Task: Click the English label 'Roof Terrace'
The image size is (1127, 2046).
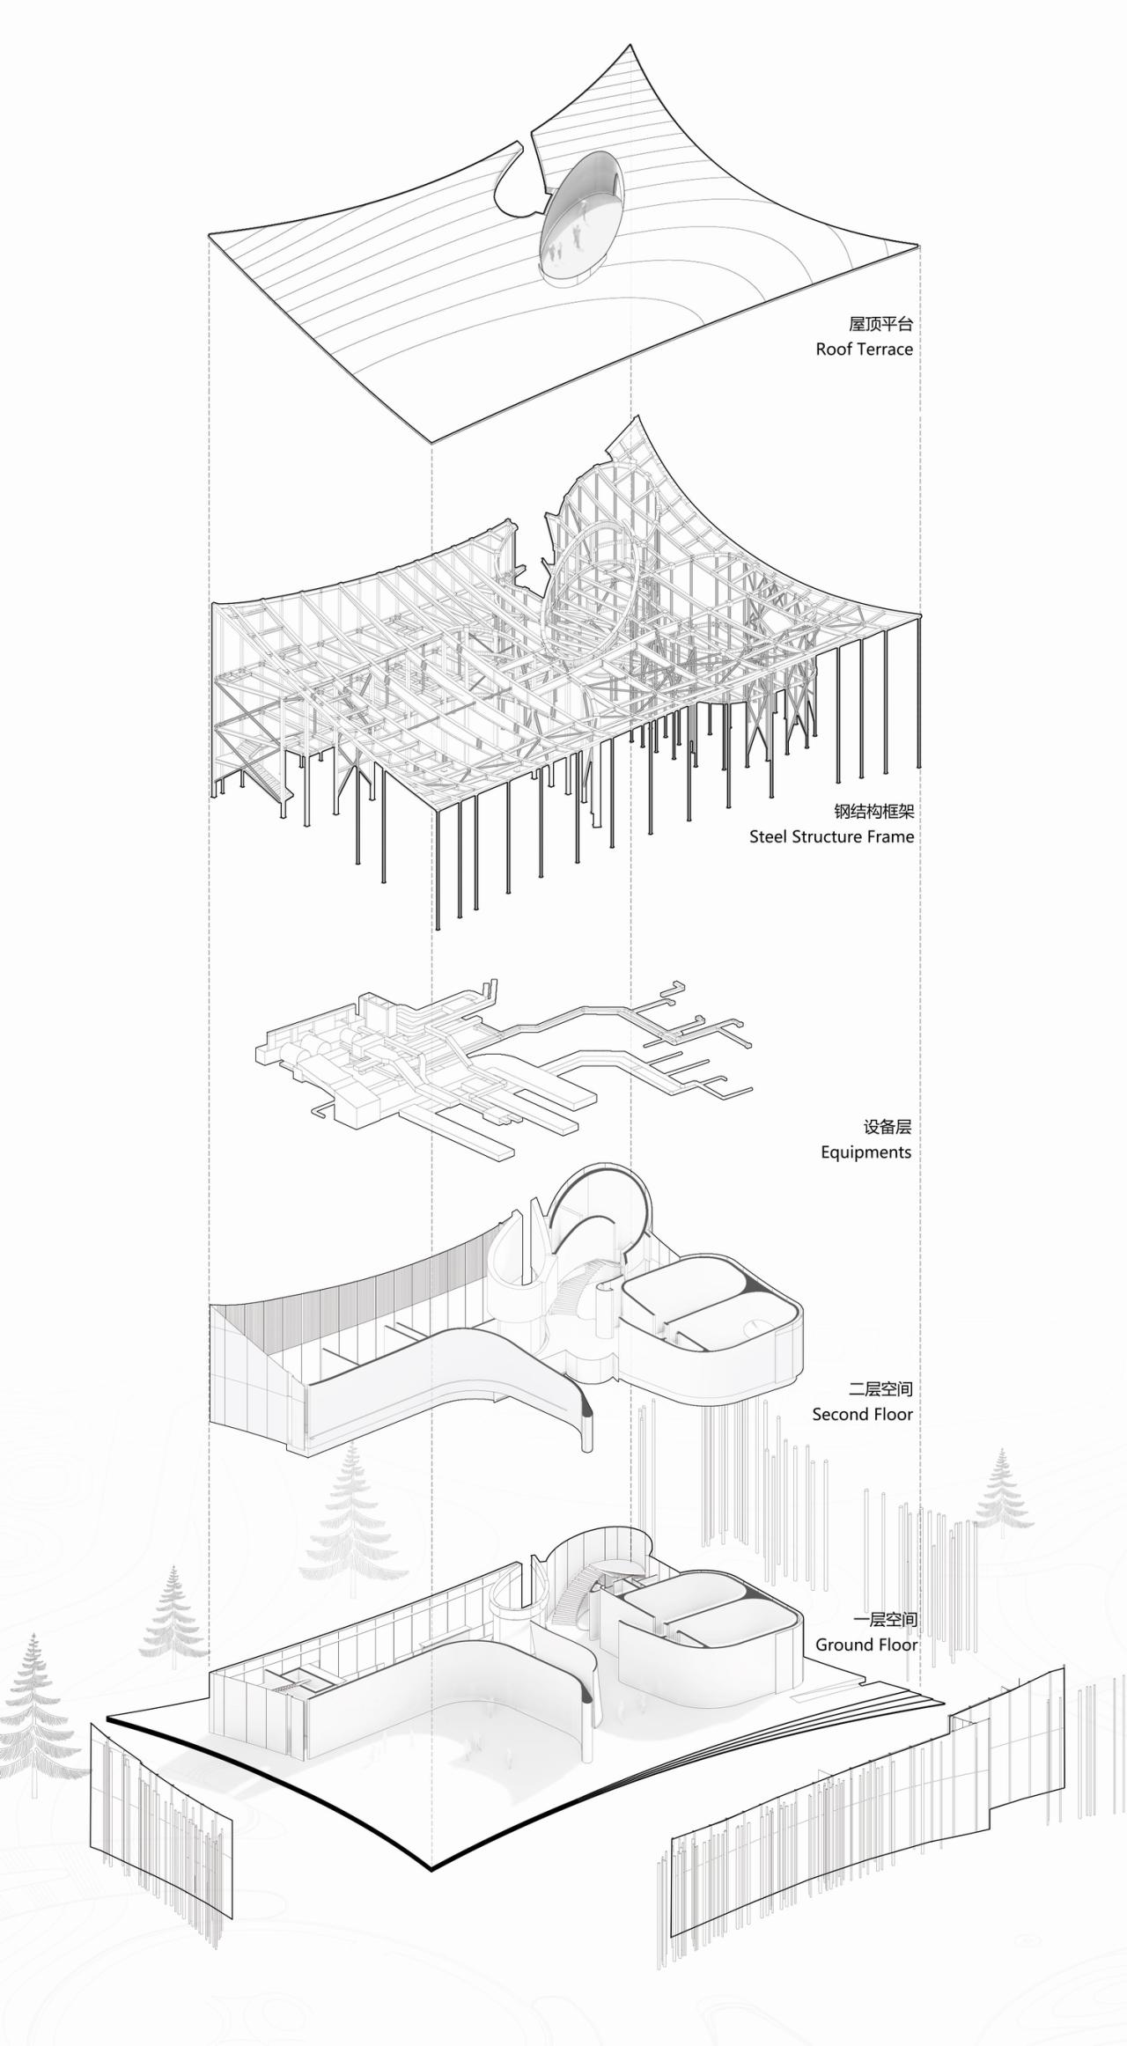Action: coord(864,349)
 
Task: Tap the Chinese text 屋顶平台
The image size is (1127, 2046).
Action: coord(880,324)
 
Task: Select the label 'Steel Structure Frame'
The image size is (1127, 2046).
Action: coord(831,836)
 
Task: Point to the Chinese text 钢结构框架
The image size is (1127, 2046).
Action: coord(874,811)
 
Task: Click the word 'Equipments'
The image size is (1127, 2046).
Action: coord(866,1152)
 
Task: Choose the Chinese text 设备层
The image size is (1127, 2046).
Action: coord(887,1127)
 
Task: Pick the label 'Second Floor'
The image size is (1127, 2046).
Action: coord(862,1415)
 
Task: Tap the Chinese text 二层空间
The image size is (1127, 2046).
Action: coord(880,1389)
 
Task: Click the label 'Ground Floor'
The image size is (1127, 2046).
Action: coord(866,1645)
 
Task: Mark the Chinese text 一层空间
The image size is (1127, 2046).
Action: coord(885,1619)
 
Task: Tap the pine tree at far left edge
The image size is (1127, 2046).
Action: coord(33,1708)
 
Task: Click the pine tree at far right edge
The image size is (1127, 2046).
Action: coord(1001,1492)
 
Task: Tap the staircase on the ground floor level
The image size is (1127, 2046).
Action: coord(573,1593)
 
